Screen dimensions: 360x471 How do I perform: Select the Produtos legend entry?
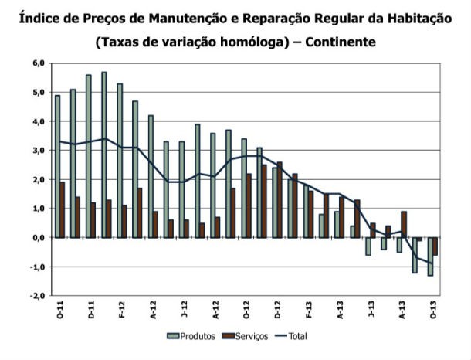[x=193, y=335]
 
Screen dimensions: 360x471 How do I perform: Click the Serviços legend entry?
[x=246, y=335]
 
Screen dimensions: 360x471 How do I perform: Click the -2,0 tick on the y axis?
[x=38, y=296]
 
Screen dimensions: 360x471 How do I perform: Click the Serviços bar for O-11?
[x=63, y=210]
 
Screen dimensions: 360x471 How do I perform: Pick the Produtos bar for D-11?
[x=88, y=156]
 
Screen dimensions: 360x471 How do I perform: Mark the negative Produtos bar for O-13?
[x=430, y=256]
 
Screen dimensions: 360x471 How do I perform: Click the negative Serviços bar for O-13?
[x=435, y=246]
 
